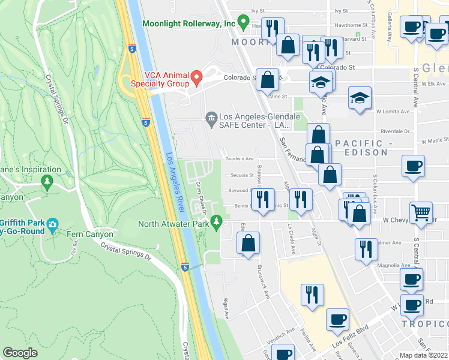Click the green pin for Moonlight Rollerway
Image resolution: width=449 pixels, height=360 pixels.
243,23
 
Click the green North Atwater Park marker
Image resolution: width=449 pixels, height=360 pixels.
217,224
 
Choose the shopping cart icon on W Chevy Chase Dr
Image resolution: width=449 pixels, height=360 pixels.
421,212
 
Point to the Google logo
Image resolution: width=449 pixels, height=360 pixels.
20,353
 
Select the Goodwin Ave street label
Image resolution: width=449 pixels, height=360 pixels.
239,159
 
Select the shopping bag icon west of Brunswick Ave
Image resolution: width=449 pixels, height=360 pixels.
248,243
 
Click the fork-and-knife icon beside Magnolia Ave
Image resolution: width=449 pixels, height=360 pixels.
366,248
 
